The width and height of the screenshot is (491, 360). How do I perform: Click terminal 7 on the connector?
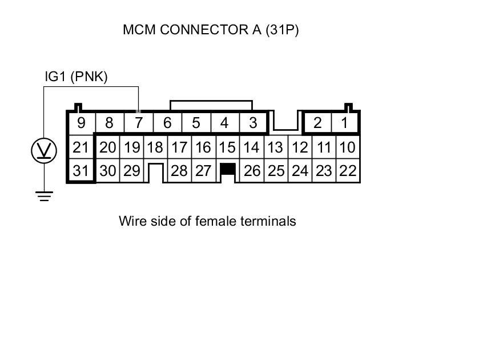click(x=138, y=123)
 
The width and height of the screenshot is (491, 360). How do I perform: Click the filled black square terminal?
click(x=228, y=169)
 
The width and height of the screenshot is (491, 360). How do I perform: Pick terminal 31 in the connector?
click(x=81, y=171)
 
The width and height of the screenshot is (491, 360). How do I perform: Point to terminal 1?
click(x=344, y=123)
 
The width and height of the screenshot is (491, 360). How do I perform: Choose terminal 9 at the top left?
click(x=81, y=123)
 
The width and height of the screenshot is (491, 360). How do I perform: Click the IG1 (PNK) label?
click(x=76, y=77)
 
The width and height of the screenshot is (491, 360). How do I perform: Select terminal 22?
click(x=348, y=171)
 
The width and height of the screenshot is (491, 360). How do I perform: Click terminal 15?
click(x=227, y=147)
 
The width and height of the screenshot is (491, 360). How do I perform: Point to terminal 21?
click(x=81, y=147)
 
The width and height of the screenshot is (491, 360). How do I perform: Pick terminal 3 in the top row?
click(x=253, y=123)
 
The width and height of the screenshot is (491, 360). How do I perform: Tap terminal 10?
click(x=348, y=147)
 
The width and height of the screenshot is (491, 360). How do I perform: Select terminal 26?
click(x=252, y=171)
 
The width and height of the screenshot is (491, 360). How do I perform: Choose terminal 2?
click(x=317, y=123)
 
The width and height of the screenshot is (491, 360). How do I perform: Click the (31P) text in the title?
click(x=282, y=30)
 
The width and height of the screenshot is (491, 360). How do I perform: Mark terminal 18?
click(x=155, y=147)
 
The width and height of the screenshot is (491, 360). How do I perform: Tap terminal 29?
click(x=132, y=171)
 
